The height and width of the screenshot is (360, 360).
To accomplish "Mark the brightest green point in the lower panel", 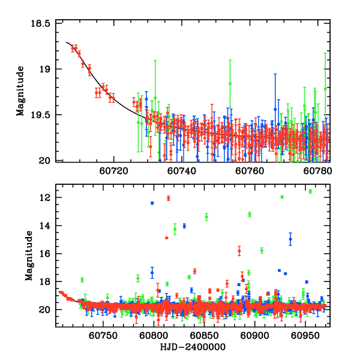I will [x=310, y=191].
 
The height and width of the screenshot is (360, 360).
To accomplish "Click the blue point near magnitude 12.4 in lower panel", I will [x=152, y=203].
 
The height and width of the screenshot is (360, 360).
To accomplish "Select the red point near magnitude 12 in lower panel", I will [x=169, y=198].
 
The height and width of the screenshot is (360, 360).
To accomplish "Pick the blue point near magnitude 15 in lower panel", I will [x=290, y=239].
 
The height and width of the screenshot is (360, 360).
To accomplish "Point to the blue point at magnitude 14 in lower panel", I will [x=184, y=226].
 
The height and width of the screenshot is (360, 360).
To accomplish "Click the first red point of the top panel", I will [x=73, y=48].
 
